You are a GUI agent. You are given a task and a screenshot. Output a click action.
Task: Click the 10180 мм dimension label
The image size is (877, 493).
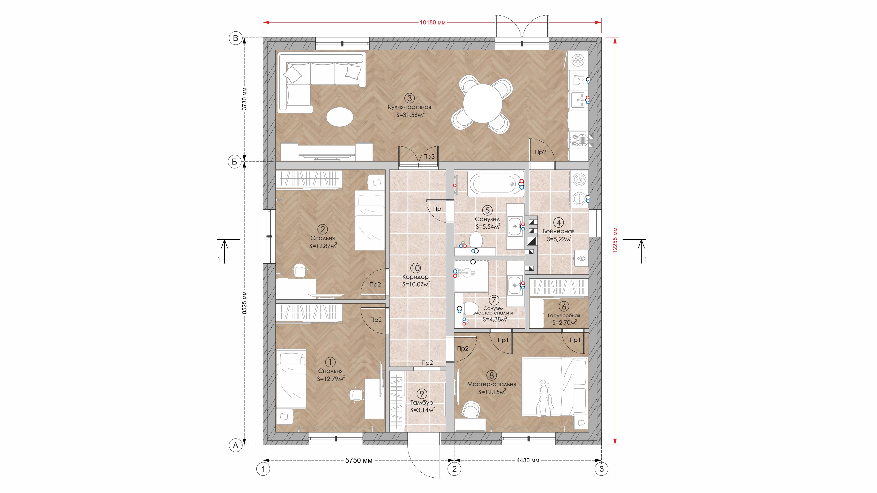[432, 23]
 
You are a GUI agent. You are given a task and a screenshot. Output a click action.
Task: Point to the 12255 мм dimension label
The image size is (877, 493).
[615, 240]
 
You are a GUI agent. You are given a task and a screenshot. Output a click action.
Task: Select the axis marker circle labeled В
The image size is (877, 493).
[235, 38]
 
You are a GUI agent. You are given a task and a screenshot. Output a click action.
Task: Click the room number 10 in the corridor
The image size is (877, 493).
[415, 268]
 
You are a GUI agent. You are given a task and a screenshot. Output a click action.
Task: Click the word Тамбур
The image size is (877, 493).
[421, 402]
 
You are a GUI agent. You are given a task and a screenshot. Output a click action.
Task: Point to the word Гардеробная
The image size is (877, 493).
[564, 315]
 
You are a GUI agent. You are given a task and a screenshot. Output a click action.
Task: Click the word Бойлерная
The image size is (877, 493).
[558, 231]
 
